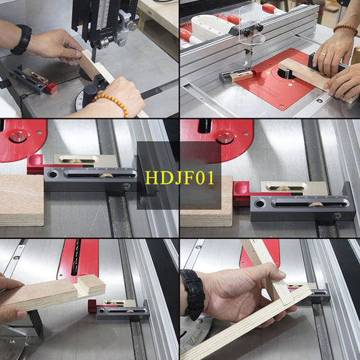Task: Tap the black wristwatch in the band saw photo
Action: pos(22,40)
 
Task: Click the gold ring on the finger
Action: pos(323,54)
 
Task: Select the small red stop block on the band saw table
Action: pos(51,88)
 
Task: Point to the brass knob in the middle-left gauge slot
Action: pos(105,174)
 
